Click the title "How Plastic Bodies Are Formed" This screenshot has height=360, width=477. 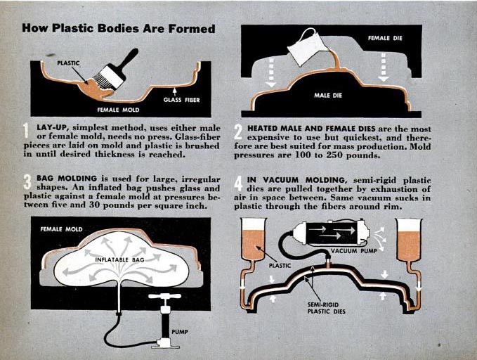pyautogui.click(x=119, y=28)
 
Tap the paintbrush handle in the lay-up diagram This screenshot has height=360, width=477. pyautogui.click(x=129, y=59)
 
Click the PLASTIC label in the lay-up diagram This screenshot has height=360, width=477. pyautogui.click(x=68, y=63)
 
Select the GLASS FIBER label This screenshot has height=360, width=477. pyautogui.click(x=182, y=100)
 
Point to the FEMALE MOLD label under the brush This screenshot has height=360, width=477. pyautogui.click(x=118, y=110)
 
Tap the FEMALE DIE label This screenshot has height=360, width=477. pyautogui.click(x=385, y=38)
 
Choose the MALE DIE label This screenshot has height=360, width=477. pyautogui.click(x=328, y=96)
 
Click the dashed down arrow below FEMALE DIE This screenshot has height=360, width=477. pyautogui.click(x=384, y=67)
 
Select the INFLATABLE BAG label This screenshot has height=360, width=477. pyautogui.click(x=119, y=259)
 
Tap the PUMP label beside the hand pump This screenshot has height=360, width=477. pyautogui.click(x=179, y=331)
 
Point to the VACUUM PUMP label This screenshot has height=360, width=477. pyautogui.click(x=354, y=251)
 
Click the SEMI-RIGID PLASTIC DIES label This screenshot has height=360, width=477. pyautogui.click(x=326, y=308)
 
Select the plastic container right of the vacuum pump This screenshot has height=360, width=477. pyautogui.click(x=410, y=240)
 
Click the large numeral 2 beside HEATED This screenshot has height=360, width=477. pyautogui.click(x=238, y=132)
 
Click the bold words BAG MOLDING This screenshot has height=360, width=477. pyautogui.click(x=67, y=178)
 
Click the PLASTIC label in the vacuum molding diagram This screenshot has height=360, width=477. pyautogui.click(x=280, y=266)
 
